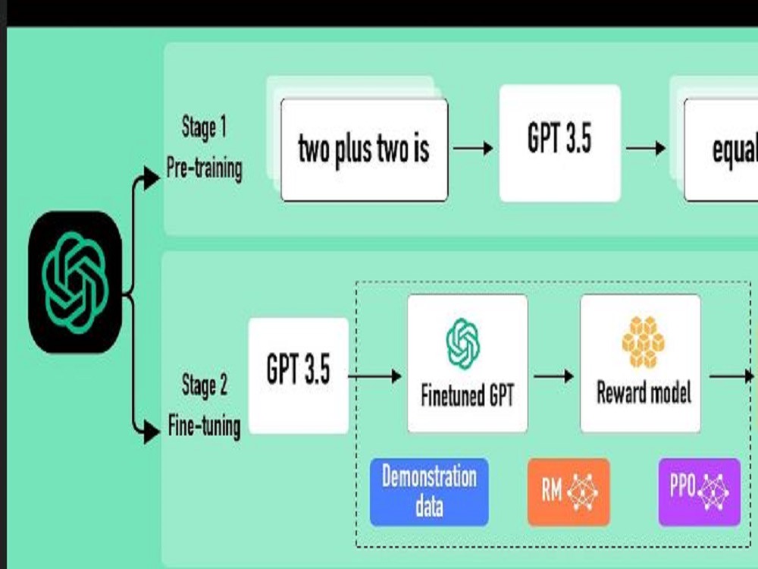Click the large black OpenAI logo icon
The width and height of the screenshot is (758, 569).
pos(75,282)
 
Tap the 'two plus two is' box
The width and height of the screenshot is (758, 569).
pos(365,150)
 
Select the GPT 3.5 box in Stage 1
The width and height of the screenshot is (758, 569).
pos(560,143)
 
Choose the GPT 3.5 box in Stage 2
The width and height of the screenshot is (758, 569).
pos(298,376)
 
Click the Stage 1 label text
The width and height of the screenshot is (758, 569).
pos(203,128)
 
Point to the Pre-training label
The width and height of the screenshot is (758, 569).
pos(204,169)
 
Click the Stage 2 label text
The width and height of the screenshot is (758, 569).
pos(204,385)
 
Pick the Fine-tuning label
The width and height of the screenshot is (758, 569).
pos(204,426)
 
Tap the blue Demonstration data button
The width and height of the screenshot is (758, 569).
pos(429,492)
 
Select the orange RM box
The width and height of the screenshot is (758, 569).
pos(568,492)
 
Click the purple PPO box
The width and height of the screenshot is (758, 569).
pos(700,492)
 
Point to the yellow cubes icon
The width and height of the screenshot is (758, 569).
pos(643,341)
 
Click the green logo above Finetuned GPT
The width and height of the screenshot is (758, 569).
pos(463,344)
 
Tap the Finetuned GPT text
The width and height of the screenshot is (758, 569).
pos(467,395)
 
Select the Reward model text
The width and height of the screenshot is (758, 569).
pos(644,392)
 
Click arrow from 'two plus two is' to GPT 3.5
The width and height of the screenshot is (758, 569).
pos(473,148)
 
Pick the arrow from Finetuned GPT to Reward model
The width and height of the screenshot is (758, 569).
pos(553,376)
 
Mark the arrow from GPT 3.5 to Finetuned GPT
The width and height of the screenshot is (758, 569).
pos(374,376)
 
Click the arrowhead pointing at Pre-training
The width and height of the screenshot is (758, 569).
pos(152,178)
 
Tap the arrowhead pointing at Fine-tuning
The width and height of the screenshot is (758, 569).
pos(152,432)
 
